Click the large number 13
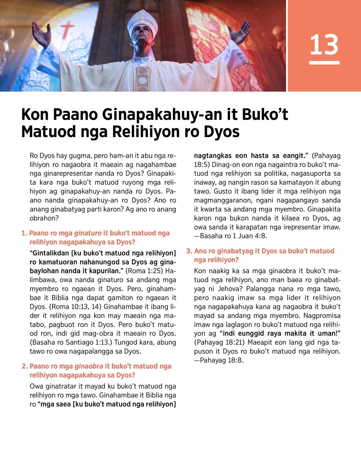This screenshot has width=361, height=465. pyautogui.click(x=324, y=45)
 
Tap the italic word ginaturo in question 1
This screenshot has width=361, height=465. pyautogui.click(x=88, y=233)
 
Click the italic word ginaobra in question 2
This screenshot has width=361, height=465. pyautogui.click(x=89, y=366)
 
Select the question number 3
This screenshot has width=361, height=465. pyautogui.click(x=189, y=251)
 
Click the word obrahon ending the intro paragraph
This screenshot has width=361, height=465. pyautogui.click(x=44, y=218)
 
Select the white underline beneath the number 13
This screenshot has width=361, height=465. pyautogui.click(x=324, y=63)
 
